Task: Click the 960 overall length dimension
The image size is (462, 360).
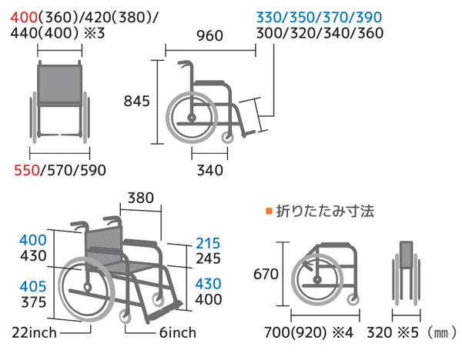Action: tap(209, 36)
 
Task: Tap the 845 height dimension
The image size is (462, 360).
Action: tap(137, 102)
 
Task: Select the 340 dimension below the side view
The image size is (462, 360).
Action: tap(209, 171)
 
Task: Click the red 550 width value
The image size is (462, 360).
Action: tap(27, 171)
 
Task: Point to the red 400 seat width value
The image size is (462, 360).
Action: tap(24, 18)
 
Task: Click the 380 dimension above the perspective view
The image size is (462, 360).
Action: tap(141, 198)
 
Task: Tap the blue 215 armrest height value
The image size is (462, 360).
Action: tap(208, 243)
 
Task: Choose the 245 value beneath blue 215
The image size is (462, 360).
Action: tap(208, 258)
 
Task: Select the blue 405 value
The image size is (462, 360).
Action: tap(33, 286)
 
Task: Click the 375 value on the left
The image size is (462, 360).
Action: tap(34, 302)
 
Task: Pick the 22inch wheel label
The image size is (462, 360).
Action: tap(34, 333)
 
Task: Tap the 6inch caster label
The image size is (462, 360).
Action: tap(178, 333)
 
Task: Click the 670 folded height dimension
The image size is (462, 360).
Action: tap(266, 275)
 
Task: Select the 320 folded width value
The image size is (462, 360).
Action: tap(380, 333)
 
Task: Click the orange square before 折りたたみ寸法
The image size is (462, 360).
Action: tap(269, 211)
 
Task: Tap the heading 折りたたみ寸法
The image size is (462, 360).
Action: tap(325, 212)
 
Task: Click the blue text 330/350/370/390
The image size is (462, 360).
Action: tap(319, 18)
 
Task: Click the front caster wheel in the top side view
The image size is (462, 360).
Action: tap(227, 138)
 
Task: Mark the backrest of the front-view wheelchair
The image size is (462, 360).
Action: tap(60, 84)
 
